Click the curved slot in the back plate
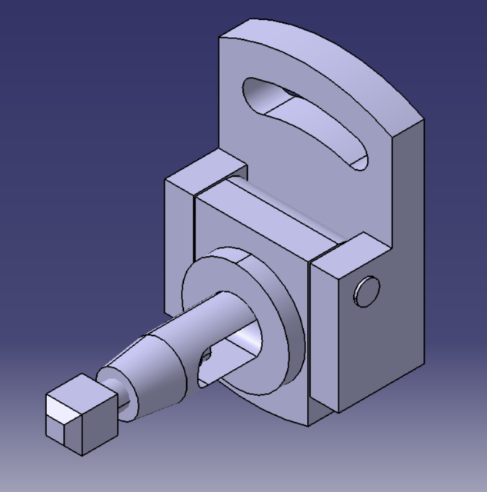point(308,123)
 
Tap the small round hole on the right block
point(367,291)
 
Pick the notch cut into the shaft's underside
point(205,361)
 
